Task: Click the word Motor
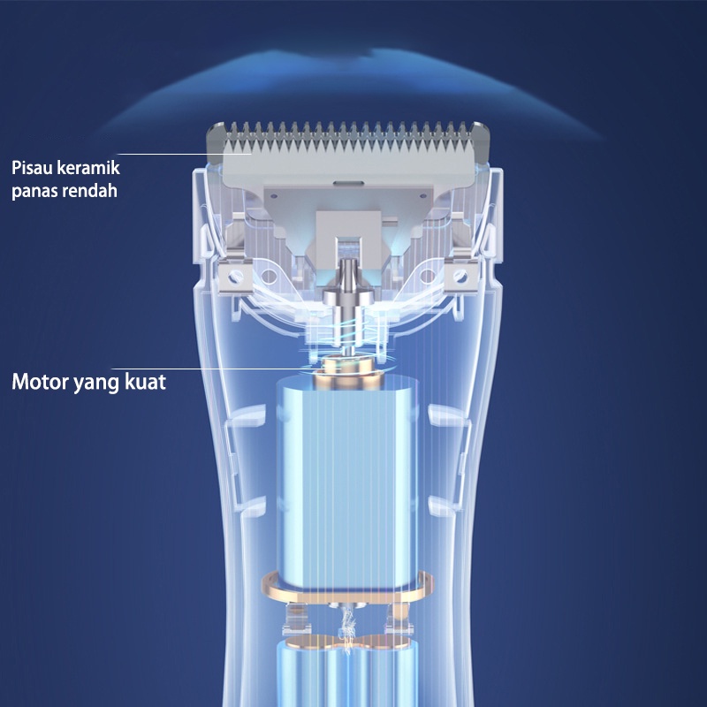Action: [x=41, y=383]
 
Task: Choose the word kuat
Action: [x=148, y=383]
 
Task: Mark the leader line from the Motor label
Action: [x=239, y=369]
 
